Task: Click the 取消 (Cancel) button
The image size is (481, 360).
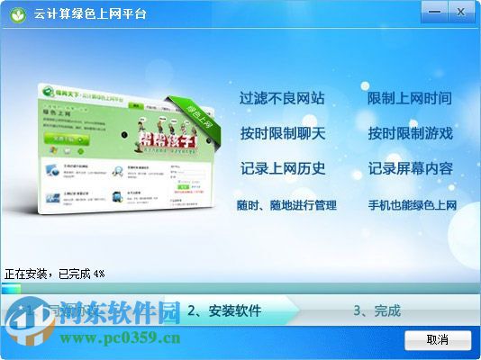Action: click(x=438, y=339)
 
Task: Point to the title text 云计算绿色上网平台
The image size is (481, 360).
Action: click(x=90, y=14)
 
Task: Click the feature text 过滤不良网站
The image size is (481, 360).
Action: click(x=282, y=98)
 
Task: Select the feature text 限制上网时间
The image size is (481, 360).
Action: click(x=410, y=98)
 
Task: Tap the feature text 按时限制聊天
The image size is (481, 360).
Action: click(x=282, y=133)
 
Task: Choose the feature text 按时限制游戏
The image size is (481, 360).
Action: click(x=410, y=133)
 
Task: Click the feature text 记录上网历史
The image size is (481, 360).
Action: click(x=282, y=168)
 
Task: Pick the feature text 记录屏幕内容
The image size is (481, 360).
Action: click(x=410, y=168)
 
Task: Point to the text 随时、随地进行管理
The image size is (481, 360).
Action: click(x=286, y=205)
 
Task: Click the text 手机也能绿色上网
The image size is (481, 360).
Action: click(x=413, y=205)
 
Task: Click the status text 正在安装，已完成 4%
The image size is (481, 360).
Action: click(x=54, y=272)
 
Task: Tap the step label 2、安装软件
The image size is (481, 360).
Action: click(x=224, y=311)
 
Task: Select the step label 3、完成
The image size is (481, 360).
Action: click(x=377, y=311)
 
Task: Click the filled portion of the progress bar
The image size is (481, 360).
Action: click(x=11, y=289)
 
